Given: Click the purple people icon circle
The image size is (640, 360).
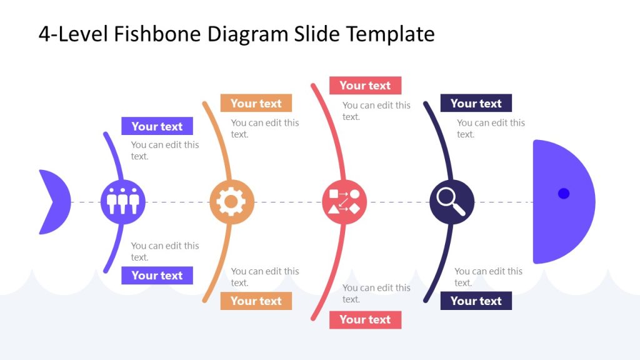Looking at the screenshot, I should [x=122, y=202].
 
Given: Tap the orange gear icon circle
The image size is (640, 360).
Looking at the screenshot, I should [x=232, y=202].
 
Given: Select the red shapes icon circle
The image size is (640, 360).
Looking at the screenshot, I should [x=344, y=202].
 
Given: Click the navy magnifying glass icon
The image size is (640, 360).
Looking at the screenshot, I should [x=452, y=202].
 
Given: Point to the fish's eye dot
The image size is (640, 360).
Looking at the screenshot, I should [x=564, y=194].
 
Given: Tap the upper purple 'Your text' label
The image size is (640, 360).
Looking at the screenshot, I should [x=157, y=126].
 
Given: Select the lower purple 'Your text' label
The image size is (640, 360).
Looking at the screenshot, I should [x=157, y=276].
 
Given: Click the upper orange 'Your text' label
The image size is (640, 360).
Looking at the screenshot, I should [x=256, y=104].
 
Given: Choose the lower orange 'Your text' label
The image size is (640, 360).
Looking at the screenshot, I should [x=256, y=301].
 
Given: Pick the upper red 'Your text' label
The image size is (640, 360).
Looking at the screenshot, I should [x=365, y=86].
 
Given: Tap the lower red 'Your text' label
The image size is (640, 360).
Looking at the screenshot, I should [x=365, y=320].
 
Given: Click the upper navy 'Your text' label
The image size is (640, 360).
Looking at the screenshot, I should [x=476, y=104].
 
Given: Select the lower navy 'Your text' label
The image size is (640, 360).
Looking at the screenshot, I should [x=476, y=301].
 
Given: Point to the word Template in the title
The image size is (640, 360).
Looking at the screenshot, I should [x=391, y=34].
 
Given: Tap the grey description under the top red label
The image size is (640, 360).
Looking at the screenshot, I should [x=376, y=111].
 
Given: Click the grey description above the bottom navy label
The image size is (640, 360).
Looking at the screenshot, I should [x=488, y=277].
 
